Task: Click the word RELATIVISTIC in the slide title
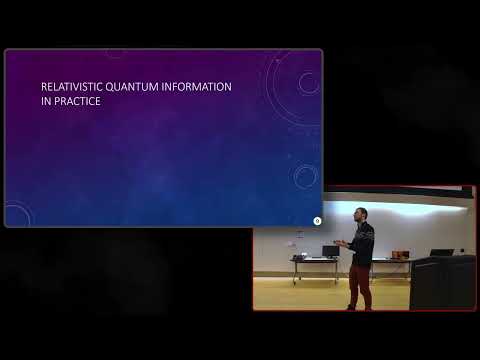[72, 87]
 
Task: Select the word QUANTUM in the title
[132, 87]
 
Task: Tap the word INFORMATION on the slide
[196, 87]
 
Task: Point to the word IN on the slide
[46, 101]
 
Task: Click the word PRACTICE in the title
[77, 101]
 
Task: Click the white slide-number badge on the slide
[317, 221]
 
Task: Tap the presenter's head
[361, 214]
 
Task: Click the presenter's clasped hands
[343, 244]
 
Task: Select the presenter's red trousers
[360, 285]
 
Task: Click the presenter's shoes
[359, 308]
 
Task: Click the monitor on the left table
[331, 252]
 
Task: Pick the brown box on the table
[400, 255]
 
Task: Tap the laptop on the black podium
[442, 252]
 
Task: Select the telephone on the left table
[298, 256]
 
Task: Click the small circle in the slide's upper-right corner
[309, 82]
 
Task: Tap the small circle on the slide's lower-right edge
[305, 176]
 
